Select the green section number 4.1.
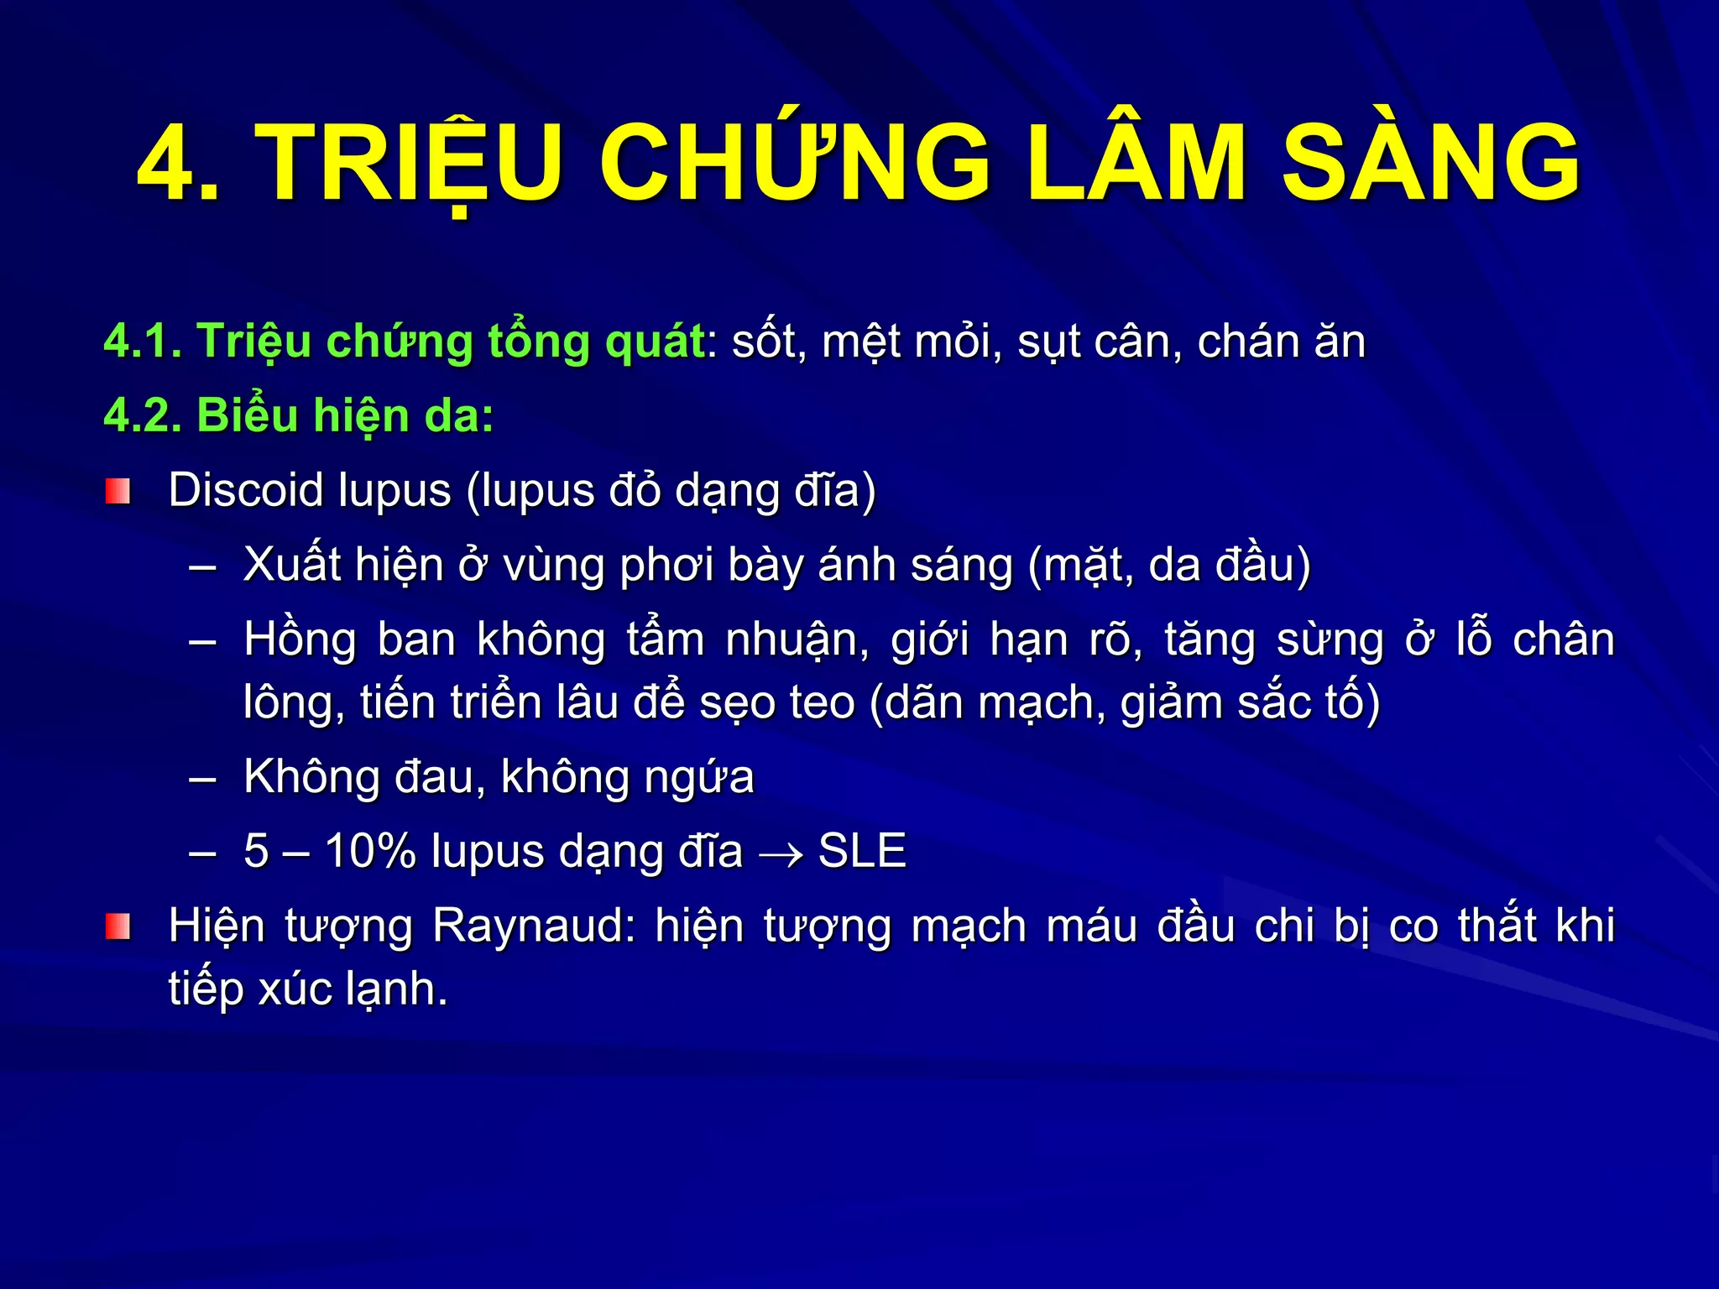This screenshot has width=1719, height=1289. [x=143, y=342]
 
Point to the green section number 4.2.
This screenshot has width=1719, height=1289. [x=143, y=415]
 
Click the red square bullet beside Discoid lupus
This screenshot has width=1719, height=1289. [x=118, y=491]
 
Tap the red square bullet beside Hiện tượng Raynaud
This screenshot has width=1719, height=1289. [x=118, y=926]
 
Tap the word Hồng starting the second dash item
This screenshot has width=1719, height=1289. [x=300, y=640]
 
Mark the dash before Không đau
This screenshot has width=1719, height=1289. [x=203, y=779]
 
